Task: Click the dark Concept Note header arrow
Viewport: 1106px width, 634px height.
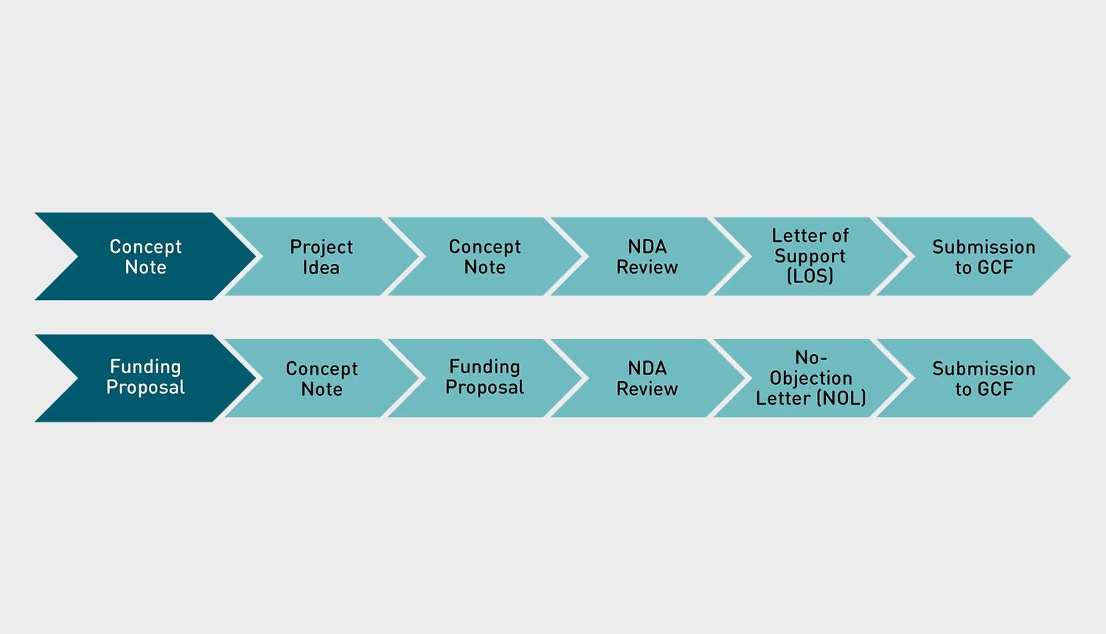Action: (145, 257)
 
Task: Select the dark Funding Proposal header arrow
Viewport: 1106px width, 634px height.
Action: (145, 377)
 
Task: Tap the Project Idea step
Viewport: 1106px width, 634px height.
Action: (321, 257)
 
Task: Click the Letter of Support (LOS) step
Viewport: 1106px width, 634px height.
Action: (810, 256)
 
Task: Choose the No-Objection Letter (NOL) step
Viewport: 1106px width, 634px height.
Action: (810, 378)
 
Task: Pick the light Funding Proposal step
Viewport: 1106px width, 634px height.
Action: (484, 377)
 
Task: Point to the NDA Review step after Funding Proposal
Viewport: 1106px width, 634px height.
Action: (647, 378)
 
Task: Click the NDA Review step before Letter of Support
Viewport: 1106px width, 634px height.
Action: (647, 257)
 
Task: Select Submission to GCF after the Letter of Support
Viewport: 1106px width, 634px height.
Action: (983, 257)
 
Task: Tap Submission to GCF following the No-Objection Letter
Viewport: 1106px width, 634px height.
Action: (983, 378)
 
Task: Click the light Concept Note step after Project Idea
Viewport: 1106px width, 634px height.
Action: (484, 257)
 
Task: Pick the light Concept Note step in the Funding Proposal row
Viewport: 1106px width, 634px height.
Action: (321, 378)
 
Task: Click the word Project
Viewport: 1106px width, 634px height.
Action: (321, 247)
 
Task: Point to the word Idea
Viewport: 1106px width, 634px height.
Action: (321, 268)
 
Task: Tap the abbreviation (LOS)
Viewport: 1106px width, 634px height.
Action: (810, 276)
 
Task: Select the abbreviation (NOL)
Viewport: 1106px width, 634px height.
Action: (840, 398)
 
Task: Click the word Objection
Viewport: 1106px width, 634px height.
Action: (810, 378)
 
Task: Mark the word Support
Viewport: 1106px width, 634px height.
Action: (810, 256)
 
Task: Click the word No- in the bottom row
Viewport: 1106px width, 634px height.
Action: (810, 358)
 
